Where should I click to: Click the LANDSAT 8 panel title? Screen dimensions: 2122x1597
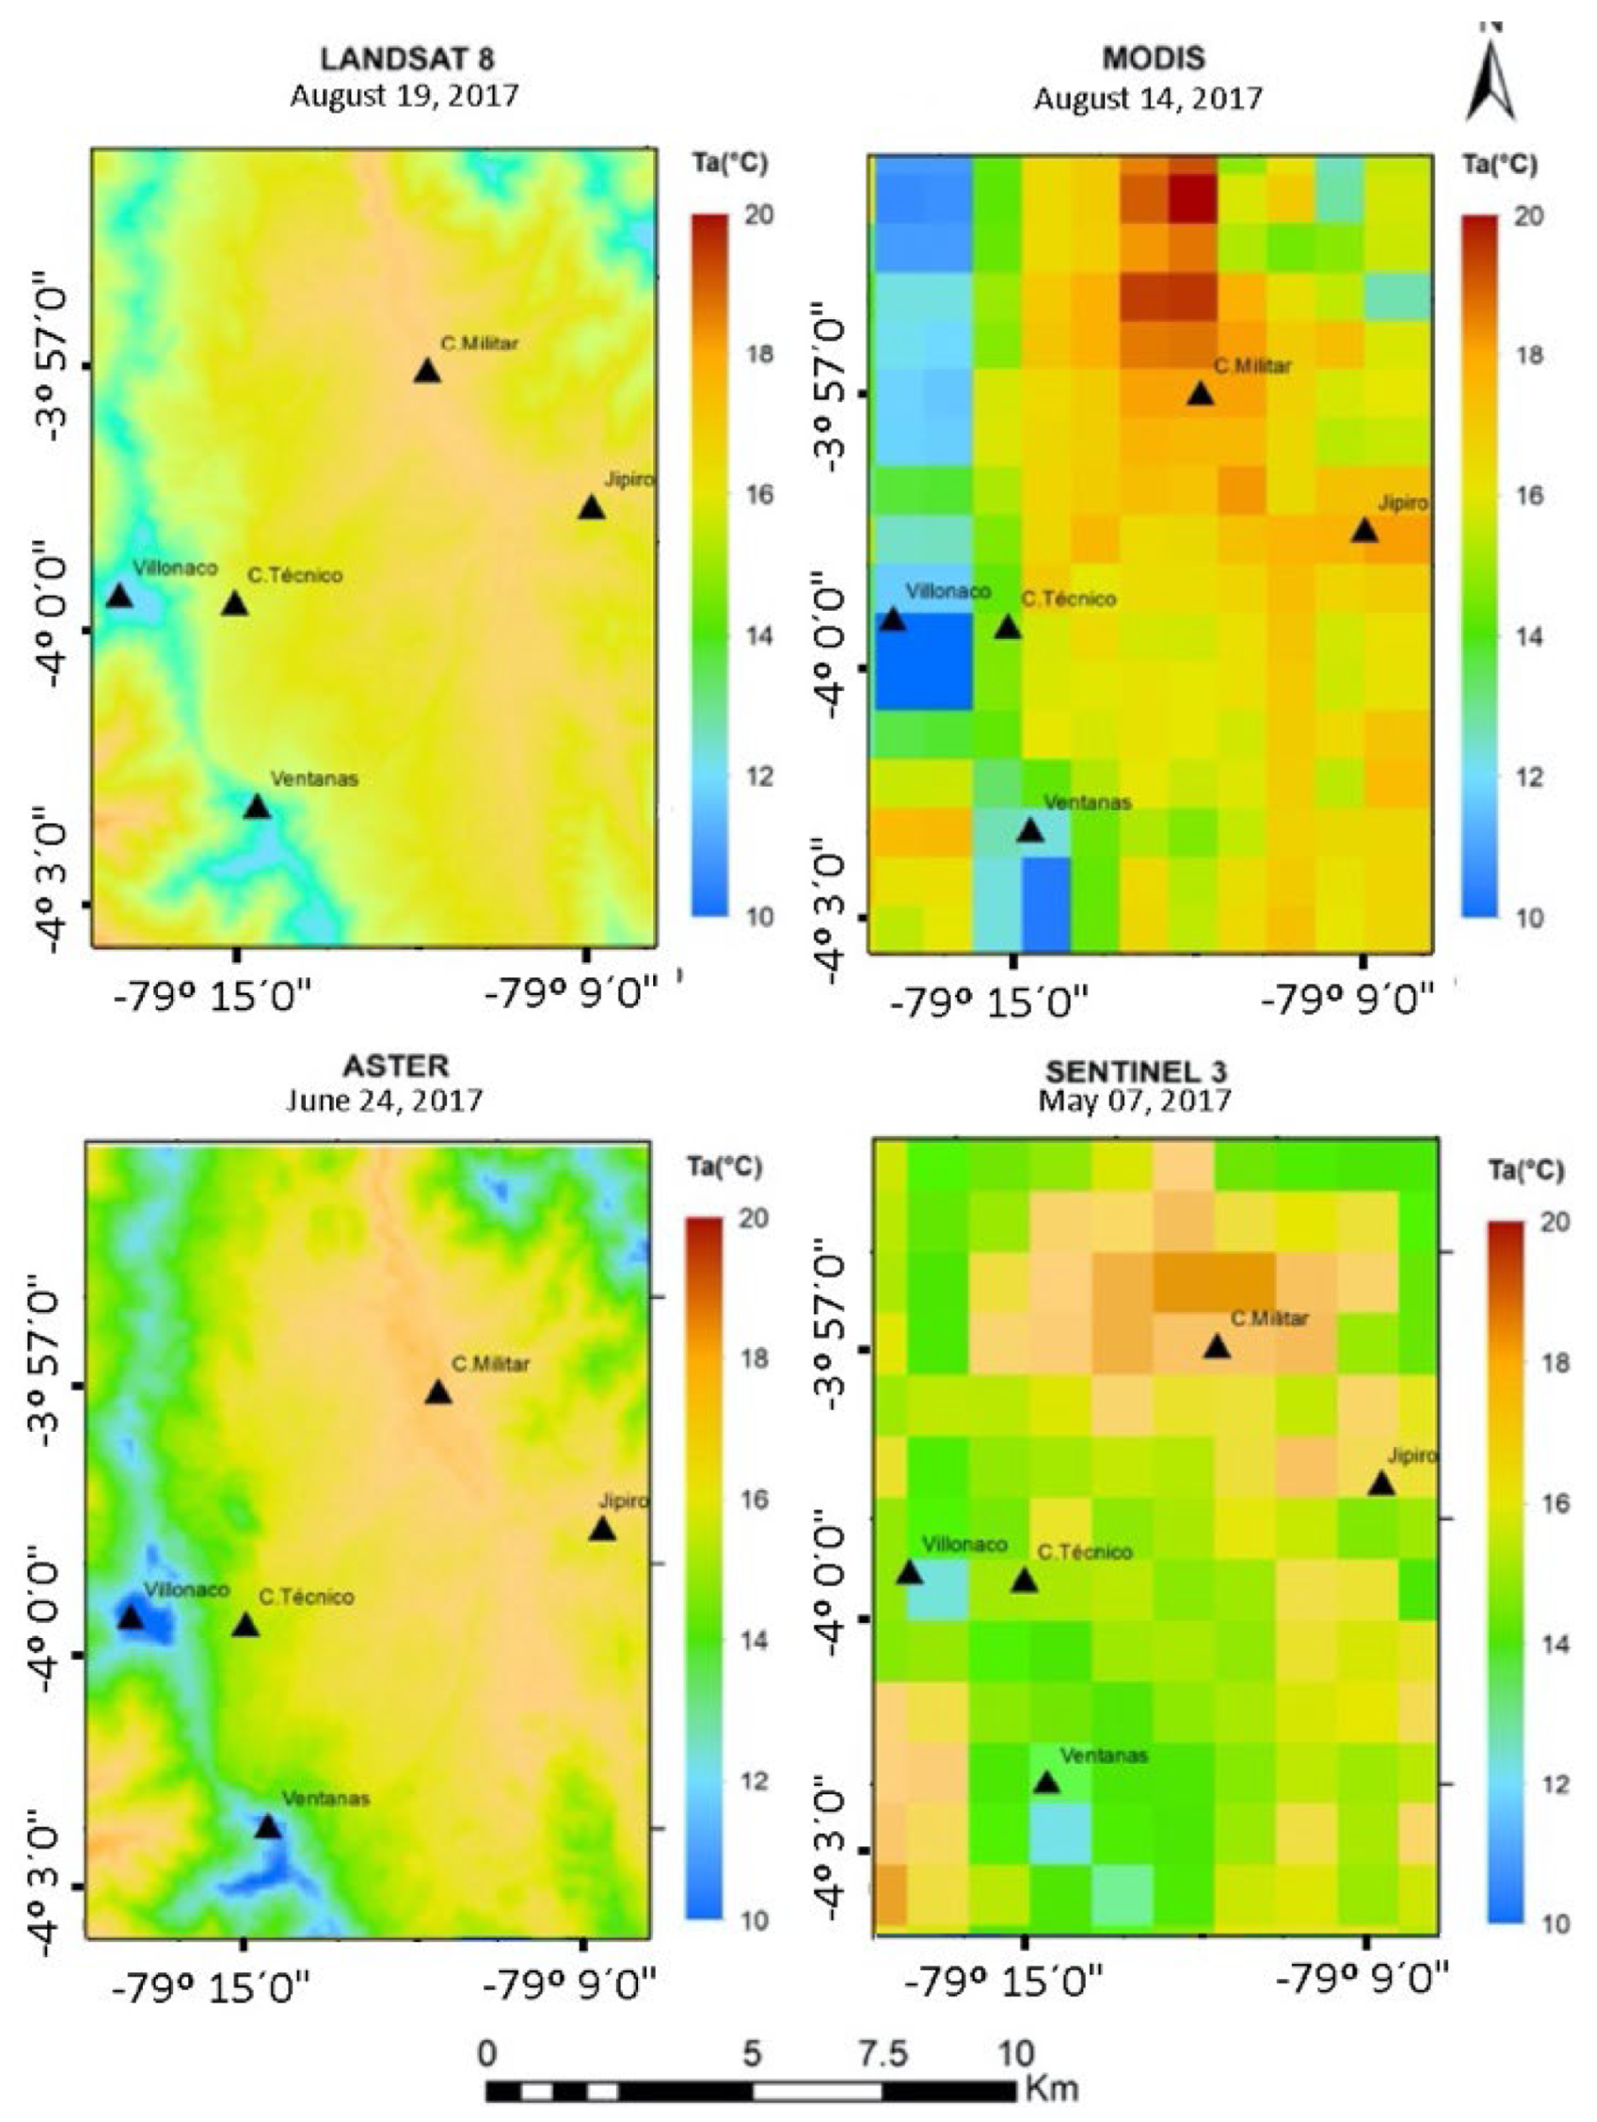tap(407, 60)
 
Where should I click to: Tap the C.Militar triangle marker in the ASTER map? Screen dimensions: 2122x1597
tap(439, 1393)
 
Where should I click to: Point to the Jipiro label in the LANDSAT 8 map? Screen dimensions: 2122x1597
tap(629, 480)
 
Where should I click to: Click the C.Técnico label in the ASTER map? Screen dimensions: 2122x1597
tap(306, 1598)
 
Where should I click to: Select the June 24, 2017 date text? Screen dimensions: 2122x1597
tap(384, 1099)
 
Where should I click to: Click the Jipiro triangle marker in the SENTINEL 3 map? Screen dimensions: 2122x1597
tap(1380, 1484)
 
